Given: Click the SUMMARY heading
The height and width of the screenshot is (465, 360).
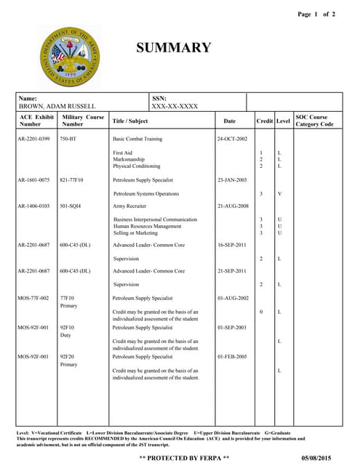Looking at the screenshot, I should point(174,49).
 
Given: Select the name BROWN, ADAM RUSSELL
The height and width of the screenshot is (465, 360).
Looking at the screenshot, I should point(57,107).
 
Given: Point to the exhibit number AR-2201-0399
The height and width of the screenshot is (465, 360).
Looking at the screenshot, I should point(34,138).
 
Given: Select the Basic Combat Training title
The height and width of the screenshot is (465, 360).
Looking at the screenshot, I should point(137,138).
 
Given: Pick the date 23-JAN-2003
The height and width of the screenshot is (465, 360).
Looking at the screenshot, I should point(232,179).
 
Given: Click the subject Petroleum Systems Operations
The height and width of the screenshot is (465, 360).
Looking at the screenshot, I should point(146,194).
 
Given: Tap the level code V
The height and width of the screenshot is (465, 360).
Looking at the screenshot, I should point(279,194).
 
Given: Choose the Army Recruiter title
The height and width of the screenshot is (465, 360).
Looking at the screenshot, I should point(130,206).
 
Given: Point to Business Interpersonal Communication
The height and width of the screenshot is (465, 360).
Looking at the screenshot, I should point(155,219).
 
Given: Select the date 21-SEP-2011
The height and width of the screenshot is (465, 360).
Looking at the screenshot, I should point(232,271).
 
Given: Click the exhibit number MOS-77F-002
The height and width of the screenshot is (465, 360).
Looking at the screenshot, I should point(34,299).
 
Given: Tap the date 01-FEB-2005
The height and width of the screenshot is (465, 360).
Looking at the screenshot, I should point(232,357).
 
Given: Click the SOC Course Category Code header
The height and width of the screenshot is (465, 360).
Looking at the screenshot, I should point(315,121).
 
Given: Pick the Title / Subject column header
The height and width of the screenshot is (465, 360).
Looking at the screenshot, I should point(130,121).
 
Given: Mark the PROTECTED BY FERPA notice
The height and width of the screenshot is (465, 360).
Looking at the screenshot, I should point(184,458).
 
